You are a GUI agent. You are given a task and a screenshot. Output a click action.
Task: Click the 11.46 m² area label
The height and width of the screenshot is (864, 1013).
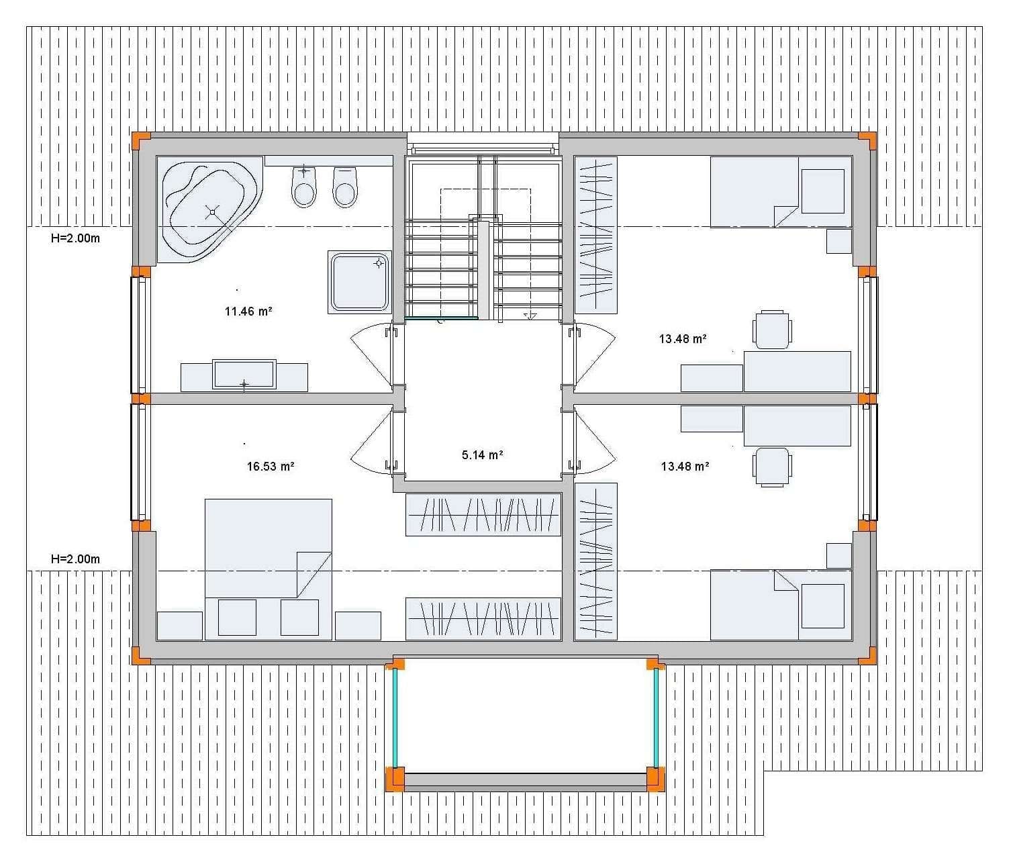click(x=248, y=311)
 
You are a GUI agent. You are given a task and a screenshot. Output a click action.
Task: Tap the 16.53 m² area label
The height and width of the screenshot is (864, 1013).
click(x=271, y=467)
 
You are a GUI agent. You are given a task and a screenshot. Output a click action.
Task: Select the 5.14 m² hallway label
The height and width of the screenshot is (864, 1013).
click(x=482, y=455)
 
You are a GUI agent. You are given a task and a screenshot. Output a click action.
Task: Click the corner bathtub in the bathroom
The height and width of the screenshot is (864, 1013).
click(x=209, y=209)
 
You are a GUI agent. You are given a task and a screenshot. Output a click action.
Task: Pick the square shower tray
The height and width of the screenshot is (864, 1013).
click(x=360, y=282)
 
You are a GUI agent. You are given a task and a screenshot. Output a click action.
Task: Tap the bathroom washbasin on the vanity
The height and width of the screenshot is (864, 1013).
click(x=244, y=375)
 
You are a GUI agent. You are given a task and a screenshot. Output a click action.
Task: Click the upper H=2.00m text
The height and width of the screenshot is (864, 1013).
click(x=75, y=238)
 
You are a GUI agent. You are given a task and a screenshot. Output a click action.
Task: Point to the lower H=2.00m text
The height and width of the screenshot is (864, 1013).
click(x=75, y=559)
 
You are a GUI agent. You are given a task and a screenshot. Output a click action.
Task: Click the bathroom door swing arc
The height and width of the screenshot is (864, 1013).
click(x=369, y=356)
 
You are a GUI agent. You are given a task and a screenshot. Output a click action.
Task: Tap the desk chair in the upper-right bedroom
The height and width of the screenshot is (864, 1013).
click(x=772, y=330)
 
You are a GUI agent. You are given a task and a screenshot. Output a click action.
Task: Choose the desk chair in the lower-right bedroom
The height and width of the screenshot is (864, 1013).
click(x=772, y=466)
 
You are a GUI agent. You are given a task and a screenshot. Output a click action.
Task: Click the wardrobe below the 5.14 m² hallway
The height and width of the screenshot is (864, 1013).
click(x=483, y=515)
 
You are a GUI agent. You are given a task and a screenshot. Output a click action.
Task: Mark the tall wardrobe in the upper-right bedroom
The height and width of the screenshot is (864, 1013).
click(x=596, y=235)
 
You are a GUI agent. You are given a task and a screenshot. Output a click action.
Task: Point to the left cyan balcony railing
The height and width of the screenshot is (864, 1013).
click(x=395, y=718)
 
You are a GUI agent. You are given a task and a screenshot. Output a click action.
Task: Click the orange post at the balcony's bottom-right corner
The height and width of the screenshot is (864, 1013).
click(x=655, y=779)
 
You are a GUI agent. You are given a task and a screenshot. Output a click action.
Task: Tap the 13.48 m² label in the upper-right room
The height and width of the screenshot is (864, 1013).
click(x=683, y=339)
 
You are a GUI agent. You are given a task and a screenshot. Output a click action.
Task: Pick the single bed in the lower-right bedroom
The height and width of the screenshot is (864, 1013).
click(x=781, y=605)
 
